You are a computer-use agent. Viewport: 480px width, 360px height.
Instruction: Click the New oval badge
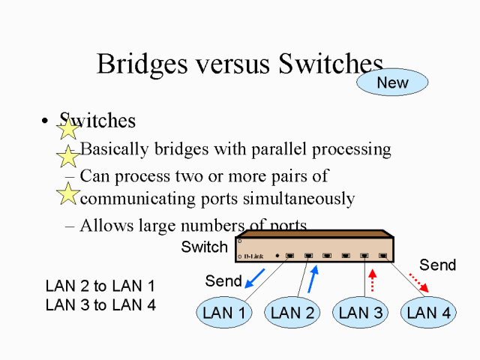pos(392,82)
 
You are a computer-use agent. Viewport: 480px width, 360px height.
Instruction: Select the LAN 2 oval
pos(292,313)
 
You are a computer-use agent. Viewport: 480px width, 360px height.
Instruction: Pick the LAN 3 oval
pos(361,313)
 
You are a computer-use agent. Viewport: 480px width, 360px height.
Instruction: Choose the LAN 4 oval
pos(428,313)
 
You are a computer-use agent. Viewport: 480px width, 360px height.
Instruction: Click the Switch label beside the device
pos(204,247)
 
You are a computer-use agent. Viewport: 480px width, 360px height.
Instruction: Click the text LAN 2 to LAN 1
pos(100,286)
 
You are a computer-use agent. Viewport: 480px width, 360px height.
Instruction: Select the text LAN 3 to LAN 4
pos(100,305)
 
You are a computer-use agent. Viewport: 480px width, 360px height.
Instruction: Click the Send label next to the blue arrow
pos(223,282)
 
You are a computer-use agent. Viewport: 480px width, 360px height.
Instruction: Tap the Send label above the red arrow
pos(438,265)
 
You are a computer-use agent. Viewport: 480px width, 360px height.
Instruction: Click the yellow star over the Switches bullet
pos(68,128)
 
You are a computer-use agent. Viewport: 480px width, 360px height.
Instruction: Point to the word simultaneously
pos(291,199)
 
